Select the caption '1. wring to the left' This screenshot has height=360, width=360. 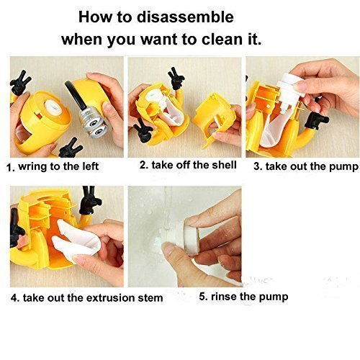click(53, 166)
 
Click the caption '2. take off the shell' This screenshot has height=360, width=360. click(188, 165)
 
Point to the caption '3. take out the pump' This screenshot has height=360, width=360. click(306, 166)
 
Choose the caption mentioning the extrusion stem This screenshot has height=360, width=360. click(87, 298)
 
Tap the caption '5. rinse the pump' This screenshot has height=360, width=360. click(243, 297)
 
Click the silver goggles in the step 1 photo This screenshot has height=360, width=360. click(94, 122)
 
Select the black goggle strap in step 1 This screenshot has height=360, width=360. click(75, 95)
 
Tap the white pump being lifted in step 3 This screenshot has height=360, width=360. click(289, 91)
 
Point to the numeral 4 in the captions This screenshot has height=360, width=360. click(14, 298)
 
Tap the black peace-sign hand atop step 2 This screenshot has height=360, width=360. click(176, 78)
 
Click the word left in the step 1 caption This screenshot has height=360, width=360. click(90, 166)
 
